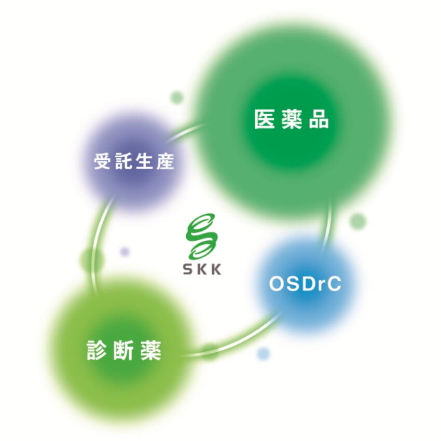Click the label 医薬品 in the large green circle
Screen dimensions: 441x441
[x=292, y=119]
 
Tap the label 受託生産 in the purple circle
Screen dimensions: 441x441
[x=134, y=161]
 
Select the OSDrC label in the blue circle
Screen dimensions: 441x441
[x=305, y=284]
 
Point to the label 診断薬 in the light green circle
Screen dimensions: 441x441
[x=124, y=350]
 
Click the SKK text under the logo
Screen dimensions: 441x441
[x=202, y=269]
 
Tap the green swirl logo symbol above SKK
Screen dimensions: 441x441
[x=202, y=237]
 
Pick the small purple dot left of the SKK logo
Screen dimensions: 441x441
[x=125, y=251]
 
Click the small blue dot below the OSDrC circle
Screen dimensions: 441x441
[x=263, y=353]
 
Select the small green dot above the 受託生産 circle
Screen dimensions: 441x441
[x=177, y=98]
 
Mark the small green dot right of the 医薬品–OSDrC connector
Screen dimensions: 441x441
[x=358, y=221]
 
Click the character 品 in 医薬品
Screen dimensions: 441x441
[x=319, y=119]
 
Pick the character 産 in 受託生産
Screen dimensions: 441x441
[x=166, y=161]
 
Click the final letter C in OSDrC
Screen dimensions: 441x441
[x=334, y=284]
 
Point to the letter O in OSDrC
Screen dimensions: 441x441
[x=277, y=284]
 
